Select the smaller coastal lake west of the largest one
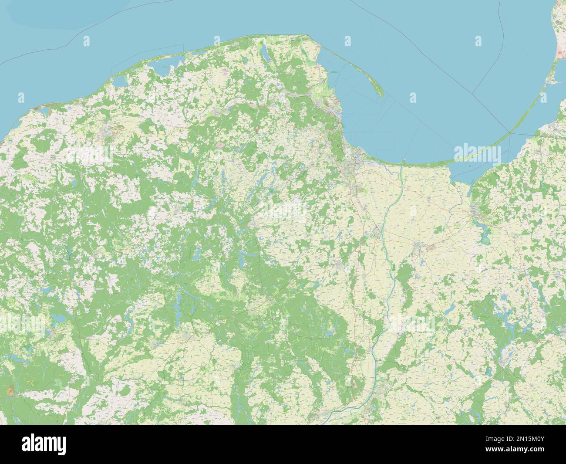(118, 81)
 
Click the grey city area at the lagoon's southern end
(478, 213)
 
